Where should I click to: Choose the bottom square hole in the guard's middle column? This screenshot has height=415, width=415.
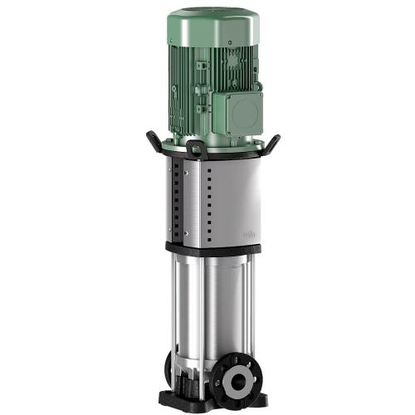coord(208,233)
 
